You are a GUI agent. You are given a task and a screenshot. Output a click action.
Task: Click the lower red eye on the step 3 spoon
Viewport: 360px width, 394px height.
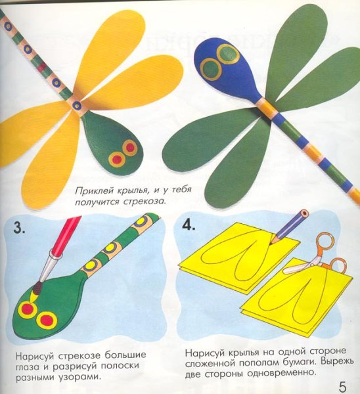coord(46,320)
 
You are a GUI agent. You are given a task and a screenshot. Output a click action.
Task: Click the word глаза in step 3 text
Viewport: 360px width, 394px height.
coord(30,366)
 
